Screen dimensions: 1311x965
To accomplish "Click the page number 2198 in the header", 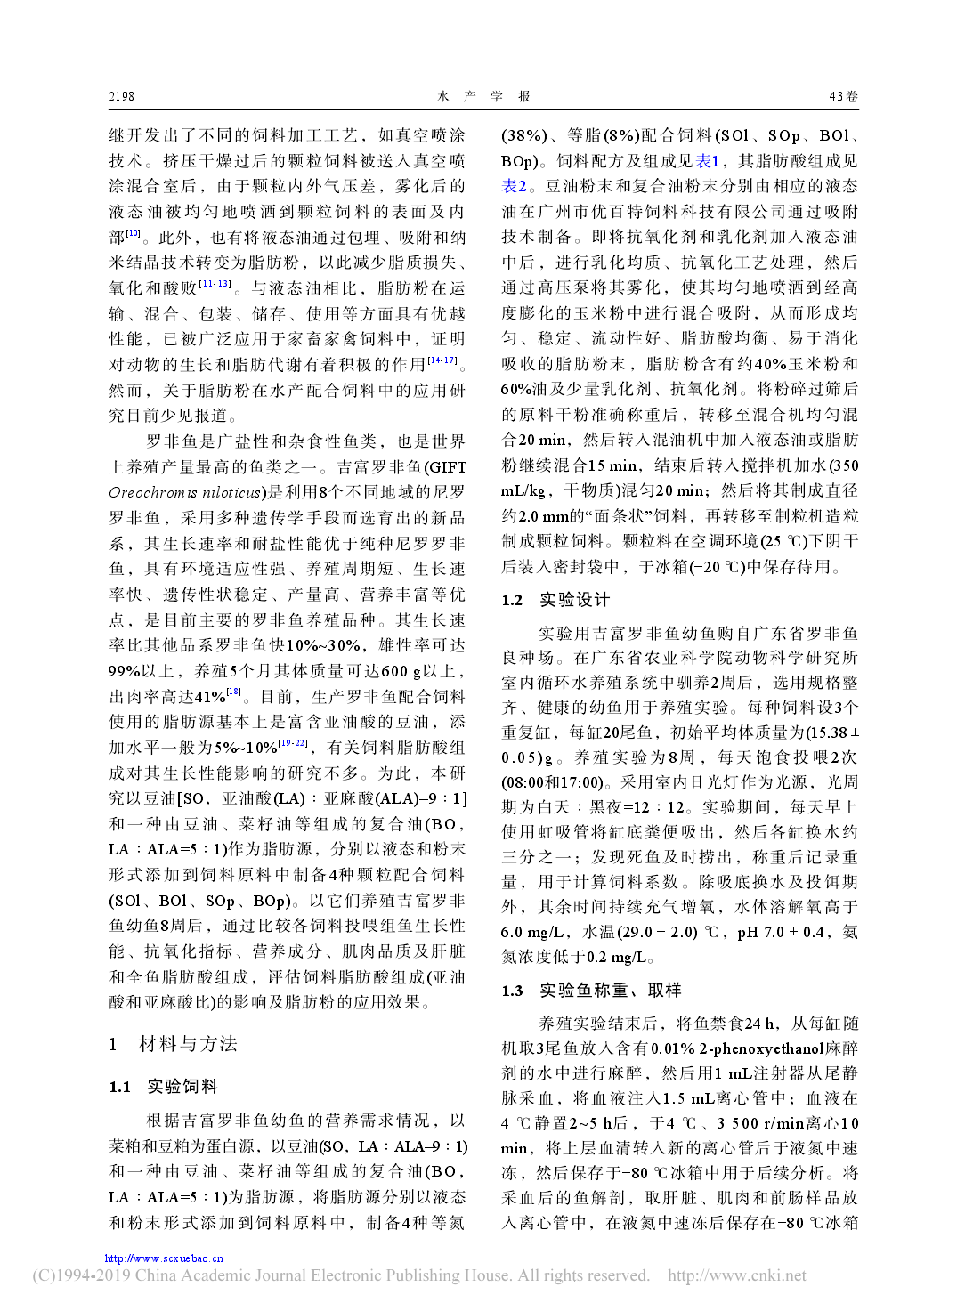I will click(x=121, y=96).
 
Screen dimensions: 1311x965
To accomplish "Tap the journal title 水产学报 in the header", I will click(x=483, y=96).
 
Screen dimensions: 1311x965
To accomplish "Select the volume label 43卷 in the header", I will click(x=842, y=96).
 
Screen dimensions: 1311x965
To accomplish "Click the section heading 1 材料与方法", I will click(x=174, y=1044).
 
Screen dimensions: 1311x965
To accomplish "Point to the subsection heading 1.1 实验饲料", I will click(x=164, y=1087).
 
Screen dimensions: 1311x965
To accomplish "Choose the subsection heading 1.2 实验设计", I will click(x=555, y=600).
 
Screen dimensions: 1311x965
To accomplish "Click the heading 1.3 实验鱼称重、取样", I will click(x=591, y=991).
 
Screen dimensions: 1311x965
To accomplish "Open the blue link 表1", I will click(x=709, y=161).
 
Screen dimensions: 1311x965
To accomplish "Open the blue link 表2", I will click(x=514, y=186).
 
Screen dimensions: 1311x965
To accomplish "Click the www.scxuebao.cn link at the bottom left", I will click(x=164, y=1258).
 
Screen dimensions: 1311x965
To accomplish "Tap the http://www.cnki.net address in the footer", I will click(x=736, y=1275).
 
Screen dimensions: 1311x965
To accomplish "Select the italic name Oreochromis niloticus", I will click(x=186, y=492).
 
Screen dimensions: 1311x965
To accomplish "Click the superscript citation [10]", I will click(x=134, y=234).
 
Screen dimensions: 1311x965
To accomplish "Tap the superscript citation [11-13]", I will click(x=215, y=285).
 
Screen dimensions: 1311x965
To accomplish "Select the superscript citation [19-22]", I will click(x=293, y=743).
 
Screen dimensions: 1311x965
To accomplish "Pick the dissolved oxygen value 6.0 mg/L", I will click(x=535, y=932).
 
